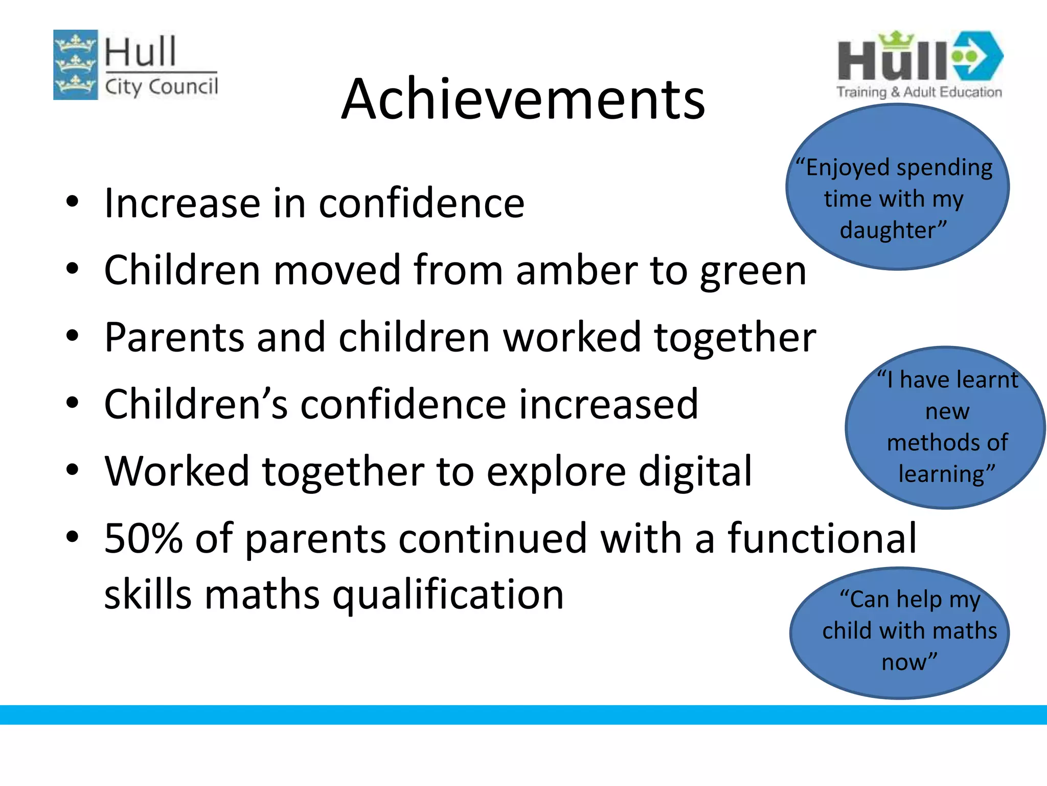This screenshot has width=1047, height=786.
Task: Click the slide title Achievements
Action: click(x=523, y=99)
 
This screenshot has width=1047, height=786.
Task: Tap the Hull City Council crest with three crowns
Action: click(x=76, y=65)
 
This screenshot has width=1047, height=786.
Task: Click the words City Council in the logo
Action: click(x=161, y=86)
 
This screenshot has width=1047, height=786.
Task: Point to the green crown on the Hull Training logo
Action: click(x=896, y=39)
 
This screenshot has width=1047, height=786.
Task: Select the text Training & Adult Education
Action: click(x=919, y=92)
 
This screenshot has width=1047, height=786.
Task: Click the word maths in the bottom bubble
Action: click(x=969, y=630)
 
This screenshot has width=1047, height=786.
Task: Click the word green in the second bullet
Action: click(x=753, y=271)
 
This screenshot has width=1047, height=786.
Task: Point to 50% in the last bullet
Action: click(x=143, y=538)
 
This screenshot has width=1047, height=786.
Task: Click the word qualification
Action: click(x=448, y=596)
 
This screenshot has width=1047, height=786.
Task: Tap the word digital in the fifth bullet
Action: click(x=695, y=471)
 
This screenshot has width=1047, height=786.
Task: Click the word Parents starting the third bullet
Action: click(x=174, y=338)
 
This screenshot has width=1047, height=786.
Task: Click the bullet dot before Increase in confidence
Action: click(x=72, y=202)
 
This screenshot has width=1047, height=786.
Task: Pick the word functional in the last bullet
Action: click(x=822, y=538)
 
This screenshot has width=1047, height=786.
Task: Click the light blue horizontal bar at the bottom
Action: click(x=523, y=714)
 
